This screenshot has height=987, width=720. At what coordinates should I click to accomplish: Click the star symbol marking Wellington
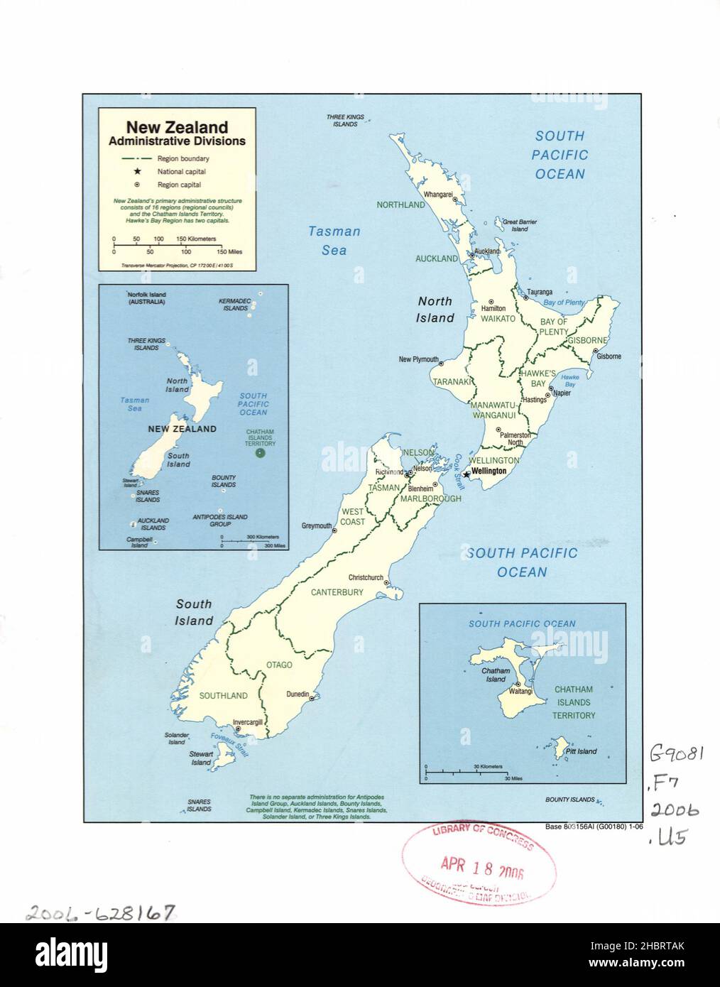466,474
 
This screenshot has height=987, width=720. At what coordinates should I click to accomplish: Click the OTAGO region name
279,665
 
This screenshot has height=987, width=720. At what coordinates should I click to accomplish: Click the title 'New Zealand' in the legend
177,127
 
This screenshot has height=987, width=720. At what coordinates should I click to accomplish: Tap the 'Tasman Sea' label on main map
334,240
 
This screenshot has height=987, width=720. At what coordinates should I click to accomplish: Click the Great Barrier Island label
520,226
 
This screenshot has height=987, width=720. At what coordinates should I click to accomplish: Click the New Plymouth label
418,359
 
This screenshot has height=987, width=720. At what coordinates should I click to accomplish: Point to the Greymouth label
317,526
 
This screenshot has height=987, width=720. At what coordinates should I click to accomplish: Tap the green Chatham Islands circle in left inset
260,454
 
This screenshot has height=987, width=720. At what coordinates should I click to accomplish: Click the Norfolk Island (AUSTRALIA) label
146,298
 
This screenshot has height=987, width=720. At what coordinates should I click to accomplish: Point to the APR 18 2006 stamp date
471,865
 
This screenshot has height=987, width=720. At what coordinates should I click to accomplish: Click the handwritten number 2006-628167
99,912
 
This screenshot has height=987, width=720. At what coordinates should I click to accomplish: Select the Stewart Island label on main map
201,758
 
